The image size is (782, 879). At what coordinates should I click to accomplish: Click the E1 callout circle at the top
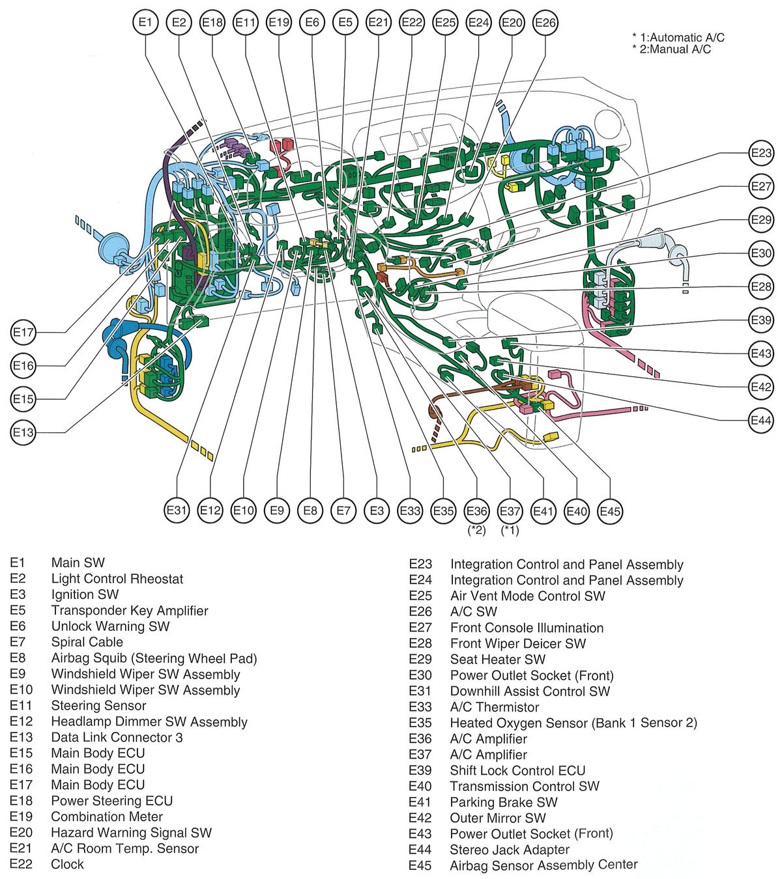145,23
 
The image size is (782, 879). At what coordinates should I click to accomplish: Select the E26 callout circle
545,23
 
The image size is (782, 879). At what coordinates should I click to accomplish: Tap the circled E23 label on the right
760,153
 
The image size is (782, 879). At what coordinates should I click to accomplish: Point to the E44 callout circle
760,421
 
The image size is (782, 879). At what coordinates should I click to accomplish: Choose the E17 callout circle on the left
23,333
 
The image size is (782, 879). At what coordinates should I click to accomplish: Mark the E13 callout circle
23,432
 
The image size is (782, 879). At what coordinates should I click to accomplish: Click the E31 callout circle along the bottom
177,510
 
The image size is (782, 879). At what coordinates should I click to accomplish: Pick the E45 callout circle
610,511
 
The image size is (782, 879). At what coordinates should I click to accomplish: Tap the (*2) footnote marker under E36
477,530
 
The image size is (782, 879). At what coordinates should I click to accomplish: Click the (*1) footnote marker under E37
510,530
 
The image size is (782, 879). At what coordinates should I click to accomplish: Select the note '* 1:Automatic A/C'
678,38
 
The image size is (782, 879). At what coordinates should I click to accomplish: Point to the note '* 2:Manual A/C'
671,49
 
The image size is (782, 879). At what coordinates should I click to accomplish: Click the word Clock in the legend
67,865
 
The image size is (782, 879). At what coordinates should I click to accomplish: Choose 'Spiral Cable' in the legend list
87,642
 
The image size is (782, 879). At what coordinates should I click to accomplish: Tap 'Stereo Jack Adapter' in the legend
510,850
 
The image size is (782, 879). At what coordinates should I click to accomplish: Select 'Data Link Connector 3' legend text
117,737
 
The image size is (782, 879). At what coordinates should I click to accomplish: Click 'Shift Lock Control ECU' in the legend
517,770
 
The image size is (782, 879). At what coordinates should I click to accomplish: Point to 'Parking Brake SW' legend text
504,802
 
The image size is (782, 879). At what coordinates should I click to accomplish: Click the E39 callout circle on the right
760,320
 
